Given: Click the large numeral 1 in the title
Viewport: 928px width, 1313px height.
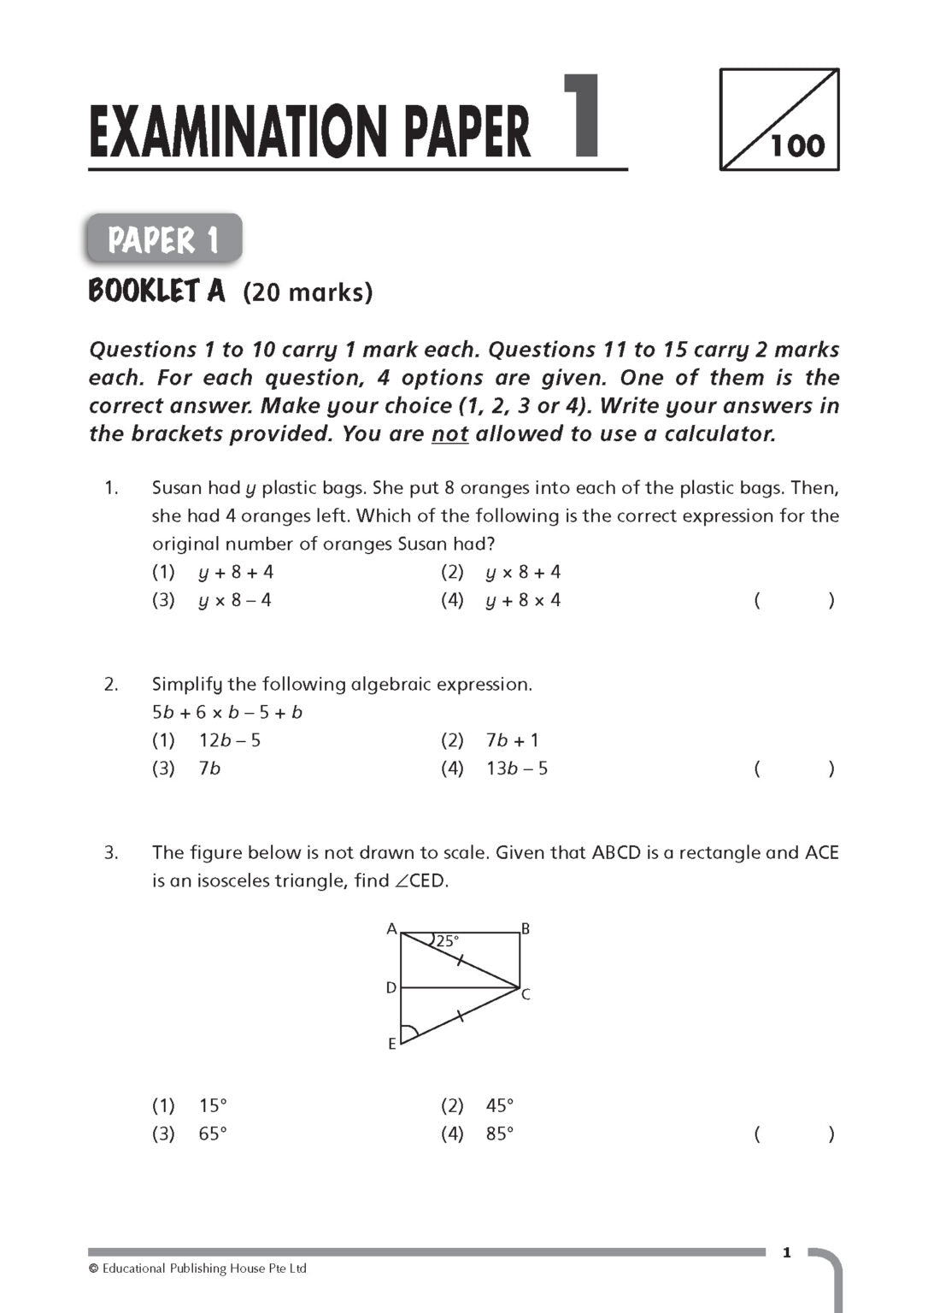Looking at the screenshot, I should click(582, 116).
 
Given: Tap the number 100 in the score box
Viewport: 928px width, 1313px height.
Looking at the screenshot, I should click(798, 145).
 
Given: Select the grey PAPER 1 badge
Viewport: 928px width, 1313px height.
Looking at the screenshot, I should click(164, 239).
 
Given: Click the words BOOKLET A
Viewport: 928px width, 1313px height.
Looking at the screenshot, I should click(157, 292).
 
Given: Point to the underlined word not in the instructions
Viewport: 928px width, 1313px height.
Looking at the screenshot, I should click(449, 434).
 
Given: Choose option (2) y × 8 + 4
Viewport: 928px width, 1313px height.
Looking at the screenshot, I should click(501, 572).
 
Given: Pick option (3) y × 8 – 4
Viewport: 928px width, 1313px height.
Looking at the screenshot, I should click(212, 600).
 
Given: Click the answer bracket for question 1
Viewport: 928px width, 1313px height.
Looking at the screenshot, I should click(794, 600).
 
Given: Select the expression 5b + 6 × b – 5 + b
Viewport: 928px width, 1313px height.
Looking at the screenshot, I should click(227, 712).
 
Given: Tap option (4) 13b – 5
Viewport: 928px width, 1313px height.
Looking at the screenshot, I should click(495, 768).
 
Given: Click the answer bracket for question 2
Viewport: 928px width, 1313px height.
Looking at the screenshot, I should click(794, 768).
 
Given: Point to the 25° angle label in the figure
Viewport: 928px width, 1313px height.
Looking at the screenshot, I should click(447, 941).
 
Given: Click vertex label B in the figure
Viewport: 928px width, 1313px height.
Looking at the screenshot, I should click(526, 929).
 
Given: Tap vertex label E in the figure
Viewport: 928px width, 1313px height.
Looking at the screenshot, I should click(392, 1044).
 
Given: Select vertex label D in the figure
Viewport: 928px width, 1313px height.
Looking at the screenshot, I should click(391, 988).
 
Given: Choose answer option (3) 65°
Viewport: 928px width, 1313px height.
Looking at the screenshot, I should click(191, 1133).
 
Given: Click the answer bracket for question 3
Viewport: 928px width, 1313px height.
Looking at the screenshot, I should click(794, 1133).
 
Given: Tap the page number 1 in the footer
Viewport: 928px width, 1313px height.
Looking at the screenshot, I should click(787, 1253).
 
